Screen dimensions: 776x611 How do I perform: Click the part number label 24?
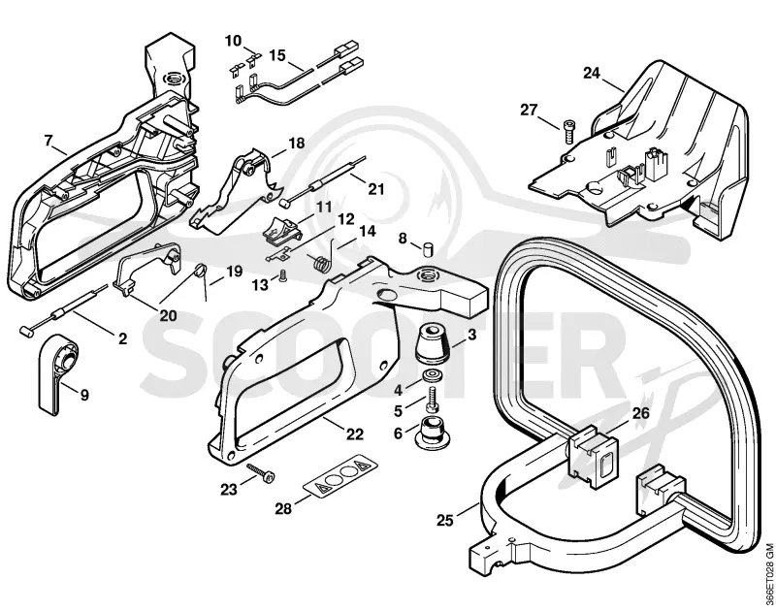[592, 73]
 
